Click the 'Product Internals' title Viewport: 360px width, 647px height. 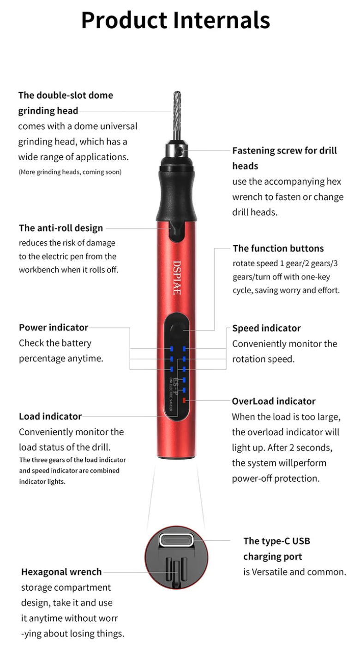tap(176, 20)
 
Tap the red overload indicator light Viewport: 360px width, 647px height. tap(184, 401)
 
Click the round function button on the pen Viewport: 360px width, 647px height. tap(177, 329)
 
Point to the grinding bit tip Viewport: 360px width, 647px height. tap(177, 94)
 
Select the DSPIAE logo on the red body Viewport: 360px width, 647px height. tap(177, 278)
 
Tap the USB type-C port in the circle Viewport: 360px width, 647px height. tap(176, 540)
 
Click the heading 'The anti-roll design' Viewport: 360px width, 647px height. tap(61, 228)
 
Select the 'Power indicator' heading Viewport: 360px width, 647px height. tap(54, 327)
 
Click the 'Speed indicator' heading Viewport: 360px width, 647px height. tap(266, 328)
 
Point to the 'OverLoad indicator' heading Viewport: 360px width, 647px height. tap(274, 401)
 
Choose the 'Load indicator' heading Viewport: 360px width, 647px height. tap(50, 416)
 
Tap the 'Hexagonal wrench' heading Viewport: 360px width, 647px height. tap(61, 572)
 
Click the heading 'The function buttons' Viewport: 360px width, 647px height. tap(278, 248)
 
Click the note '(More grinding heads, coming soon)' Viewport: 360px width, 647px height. tap(70, 172)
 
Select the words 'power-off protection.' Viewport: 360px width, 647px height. tap(276, 478)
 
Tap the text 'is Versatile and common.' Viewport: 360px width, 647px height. tap(295, 572)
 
